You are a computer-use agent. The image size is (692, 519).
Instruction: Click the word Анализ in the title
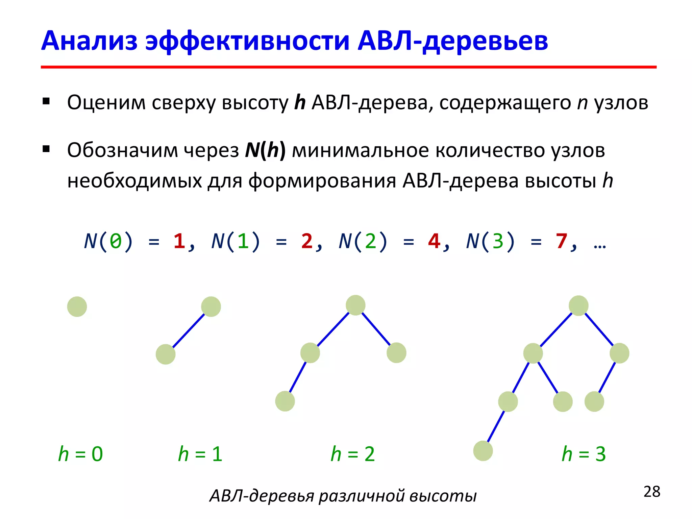pyautogui.click(x=89, y=41)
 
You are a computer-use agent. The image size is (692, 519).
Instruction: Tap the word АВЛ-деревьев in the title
pyautogui.click(x=453, y=41)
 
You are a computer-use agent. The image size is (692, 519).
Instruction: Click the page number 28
pyautogui.click(x=652, y=492)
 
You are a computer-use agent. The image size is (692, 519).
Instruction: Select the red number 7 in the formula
pyautogui.click(x=561, y=241)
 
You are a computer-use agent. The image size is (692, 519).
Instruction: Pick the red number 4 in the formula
pyautogui.click(x=434, y=241)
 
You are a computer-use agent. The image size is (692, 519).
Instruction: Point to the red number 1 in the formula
pyautogui.click(x=179, y=241)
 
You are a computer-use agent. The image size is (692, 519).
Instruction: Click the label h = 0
pyautogui.click(x=80, y=454)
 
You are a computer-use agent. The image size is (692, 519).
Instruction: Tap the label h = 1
pyautogui.click(x=200, y=454)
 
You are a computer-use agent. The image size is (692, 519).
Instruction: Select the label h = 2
pyautogui.click(x=353, y=454)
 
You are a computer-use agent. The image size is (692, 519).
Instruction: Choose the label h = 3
pyautogui.click(x=584, y=454)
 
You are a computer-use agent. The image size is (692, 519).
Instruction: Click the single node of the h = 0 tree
pyautogui.click(x=77, y=307)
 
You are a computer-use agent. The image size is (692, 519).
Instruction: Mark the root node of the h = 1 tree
pyautogui.click(x=211, y=307)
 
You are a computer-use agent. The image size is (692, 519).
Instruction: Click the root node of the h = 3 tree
pyautogui.click(x=578, y=305)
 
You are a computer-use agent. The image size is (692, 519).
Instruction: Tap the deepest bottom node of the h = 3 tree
pyautogui.click(x=483, y=451)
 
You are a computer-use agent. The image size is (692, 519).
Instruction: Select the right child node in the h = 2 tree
pyautogui.click(x=396, y=353)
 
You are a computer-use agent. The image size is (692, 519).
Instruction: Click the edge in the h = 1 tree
pyautogui.click(x=189, y=331)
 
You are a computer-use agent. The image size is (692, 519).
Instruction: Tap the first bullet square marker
pyautogui.click(x=46, y=101)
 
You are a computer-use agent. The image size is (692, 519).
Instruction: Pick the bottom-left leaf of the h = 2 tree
pyautogui.click(x=285, y=401)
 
